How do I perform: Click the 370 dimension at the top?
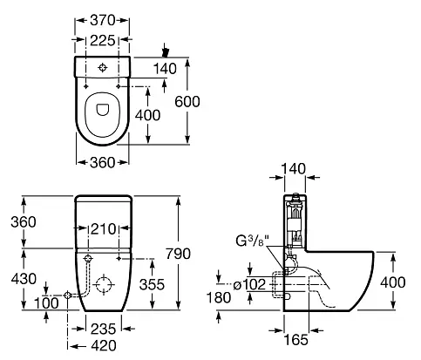103,20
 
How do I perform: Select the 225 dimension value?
103,40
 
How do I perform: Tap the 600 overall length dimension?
187,101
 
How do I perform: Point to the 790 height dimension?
178,254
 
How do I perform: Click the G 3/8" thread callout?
253,241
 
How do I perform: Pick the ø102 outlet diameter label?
250,285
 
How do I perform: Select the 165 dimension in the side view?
295,340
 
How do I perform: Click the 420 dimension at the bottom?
104,346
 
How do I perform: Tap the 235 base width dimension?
104,329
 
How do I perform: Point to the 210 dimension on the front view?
104,229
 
